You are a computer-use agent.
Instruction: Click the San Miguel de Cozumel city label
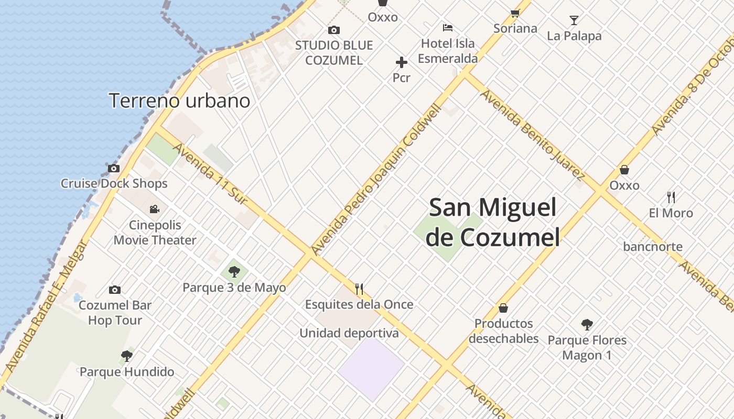pyautogui.click(x=492, y=222)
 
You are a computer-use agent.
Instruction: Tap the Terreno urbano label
pyautogui.click(x=179, y=101)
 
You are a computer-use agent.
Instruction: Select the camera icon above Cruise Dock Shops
pyautogui.click(x=114, y=169)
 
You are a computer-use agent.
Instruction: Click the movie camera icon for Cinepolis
pyautogui.click(x=154, y=210)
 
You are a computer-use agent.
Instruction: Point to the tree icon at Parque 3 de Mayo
pyautogui.click(x=234, y=272)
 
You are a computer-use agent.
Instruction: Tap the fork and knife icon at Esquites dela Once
pyautogui.click(x=359, y=289)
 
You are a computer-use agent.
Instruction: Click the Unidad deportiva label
pyautogui.click(x=349, y=333)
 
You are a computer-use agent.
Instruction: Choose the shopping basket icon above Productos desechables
pyautogui.click(x=503, y=307)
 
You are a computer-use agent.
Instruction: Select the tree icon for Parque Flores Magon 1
pyautogui.click(x=587, y=325)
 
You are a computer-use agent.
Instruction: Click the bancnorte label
pyautogui.click(x=653, y=247)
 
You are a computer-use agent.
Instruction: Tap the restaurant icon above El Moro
pyautogui.click(x=671, y=197)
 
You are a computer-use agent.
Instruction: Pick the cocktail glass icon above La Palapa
pyautogui.click(x=574, y=20)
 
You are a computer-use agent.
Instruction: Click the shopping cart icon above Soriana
pyautogui.click(x=515, y=14)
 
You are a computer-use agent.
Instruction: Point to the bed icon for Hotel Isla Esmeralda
pyautogui.click(x=447, y=27)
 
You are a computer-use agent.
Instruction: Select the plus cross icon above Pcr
pyautogui.click(x=402, y=63)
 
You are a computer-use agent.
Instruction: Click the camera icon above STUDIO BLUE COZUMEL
pyautogui.click(x=333, y=30)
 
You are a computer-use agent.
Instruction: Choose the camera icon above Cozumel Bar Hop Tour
pyautogui.click(x=115, y=290)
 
